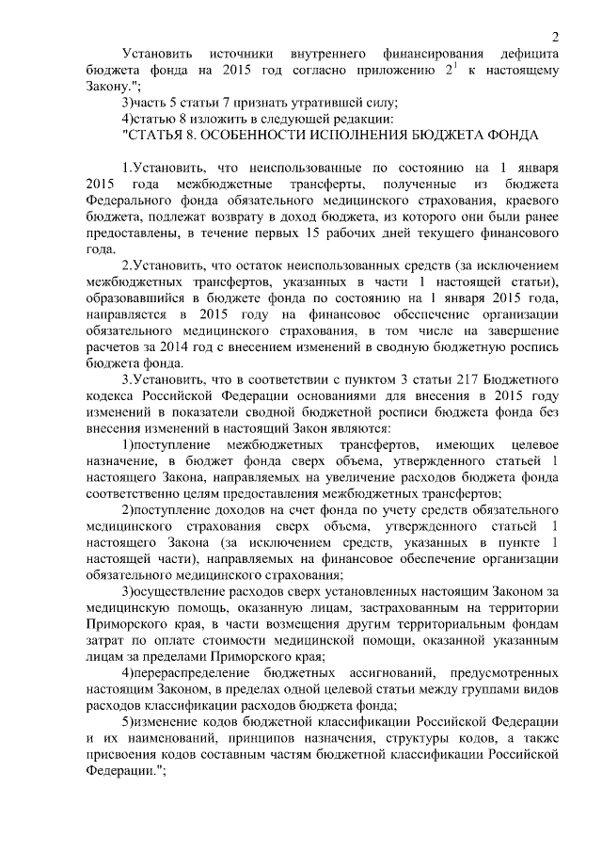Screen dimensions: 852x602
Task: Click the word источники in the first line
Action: click(238, 53)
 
